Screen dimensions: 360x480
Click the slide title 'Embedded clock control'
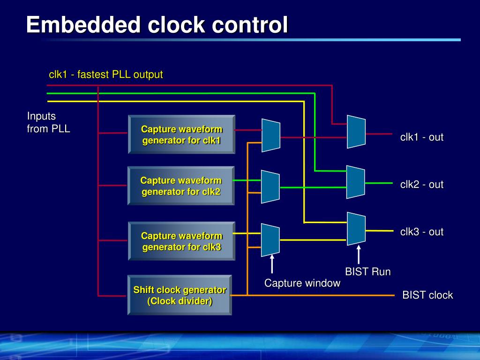pos(157,25)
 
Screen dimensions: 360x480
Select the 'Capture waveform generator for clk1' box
pos(181,135)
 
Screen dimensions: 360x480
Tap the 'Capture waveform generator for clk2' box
pos(181,186)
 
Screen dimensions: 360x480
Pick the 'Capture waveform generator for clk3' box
pos(181,241)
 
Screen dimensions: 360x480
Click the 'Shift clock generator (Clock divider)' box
pos(180,295)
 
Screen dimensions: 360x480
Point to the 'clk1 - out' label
pos(421,137)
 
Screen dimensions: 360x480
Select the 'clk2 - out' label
pos(421,185)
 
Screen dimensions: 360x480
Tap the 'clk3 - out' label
pos(421,232)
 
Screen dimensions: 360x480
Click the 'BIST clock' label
pos(427,295)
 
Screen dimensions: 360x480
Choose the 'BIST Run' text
pos(367,272)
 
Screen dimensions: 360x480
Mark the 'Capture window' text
pos(302,283)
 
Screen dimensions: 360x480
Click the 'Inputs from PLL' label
pos(48,122)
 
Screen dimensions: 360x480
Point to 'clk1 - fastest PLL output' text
pos(106,75)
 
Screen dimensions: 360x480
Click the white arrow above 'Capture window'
pos(272,264)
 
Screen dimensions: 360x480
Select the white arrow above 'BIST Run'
pos(359,255)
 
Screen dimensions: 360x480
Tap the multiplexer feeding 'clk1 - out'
pos(356,132)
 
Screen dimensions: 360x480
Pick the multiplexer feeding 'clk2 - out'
pos(355,182)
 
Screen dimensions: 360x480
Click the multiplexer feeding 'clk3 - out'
pos(356,229)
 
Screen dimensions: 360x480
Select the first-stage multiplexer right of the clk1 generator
pos(270,135)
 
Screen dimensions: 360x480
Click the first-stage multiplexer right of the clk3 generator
pos(270,240)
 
